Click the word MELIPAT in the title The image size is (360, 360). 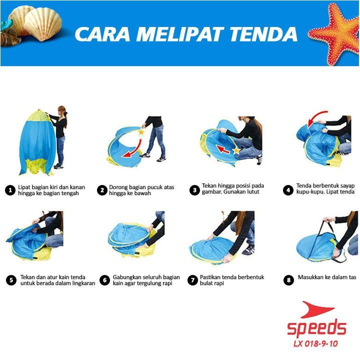179,34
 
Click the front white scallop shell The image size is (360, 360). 43,24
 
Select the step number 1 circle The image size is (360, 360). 10,190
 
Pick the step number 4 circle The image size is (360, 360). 288,190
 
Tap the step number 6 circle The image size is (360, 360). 104,280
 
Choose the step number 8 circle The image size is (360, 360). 288,280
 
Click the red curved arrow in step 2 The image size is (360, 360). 135,150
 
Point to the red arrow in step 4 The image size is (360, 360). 316,117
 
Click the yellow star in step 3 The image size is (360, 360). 236,150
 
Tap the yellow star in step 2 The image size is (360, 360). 141,132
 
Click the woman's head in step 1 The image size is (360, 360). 62,111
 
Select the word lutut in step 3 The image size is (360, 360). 252,191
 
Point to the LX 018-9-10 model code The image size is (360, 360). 315,343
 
